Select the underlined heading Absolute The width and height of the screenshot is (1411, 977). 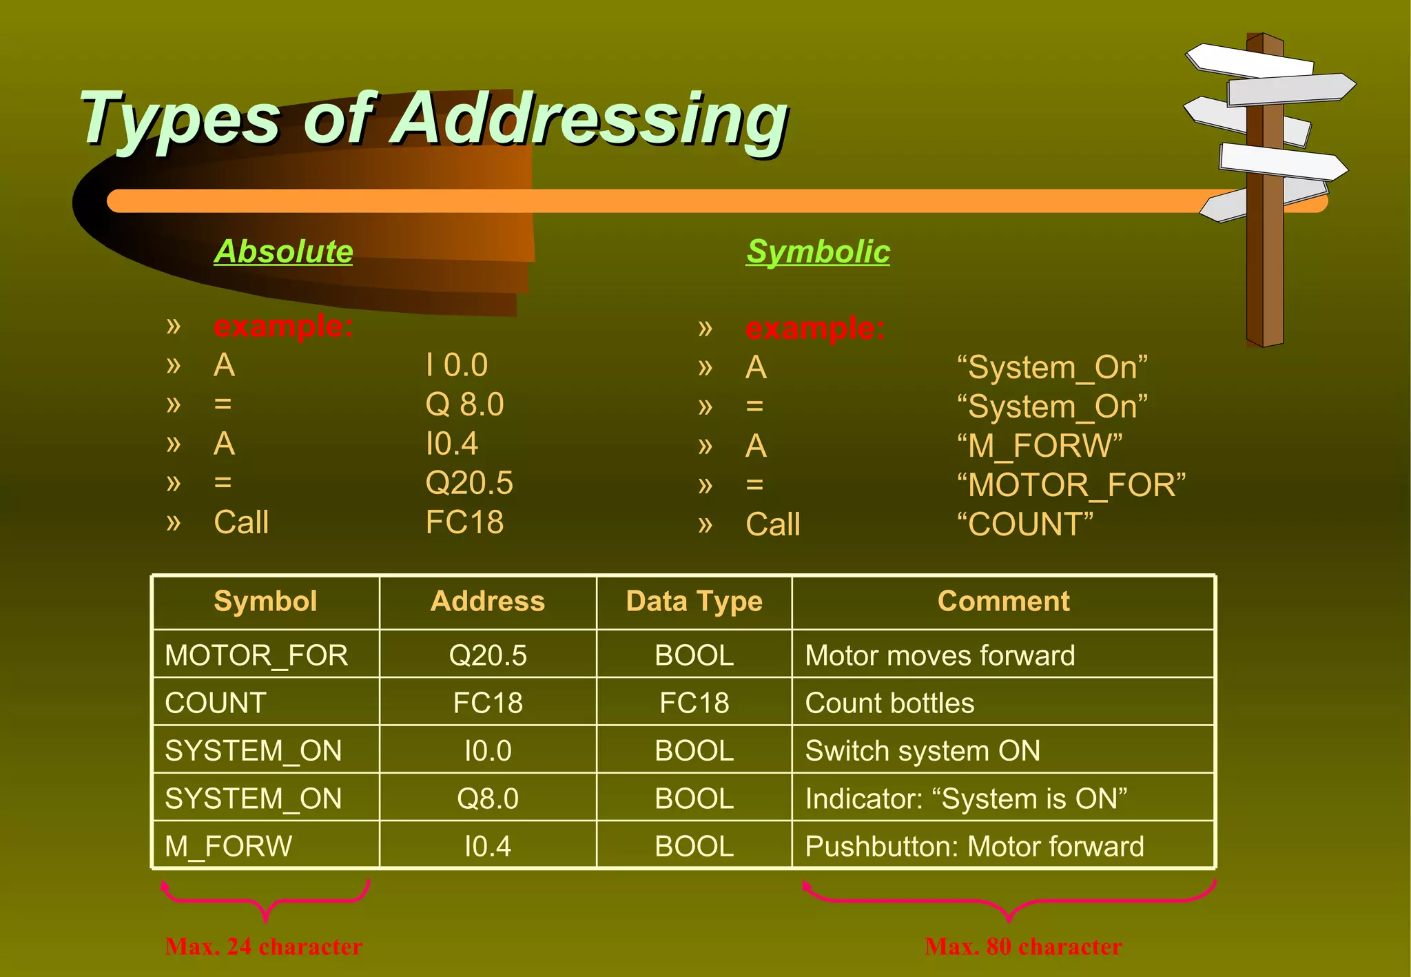(283, 251)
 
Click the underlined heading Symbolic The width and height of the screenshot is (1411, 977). (818, 251)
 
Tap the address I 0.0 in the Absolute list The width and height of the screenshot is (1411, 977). (457, 365)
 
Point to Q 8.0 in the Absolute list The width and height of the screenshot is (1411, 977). (464, 404)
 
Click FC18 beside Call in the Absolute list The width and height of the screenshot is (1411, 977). (464, 522)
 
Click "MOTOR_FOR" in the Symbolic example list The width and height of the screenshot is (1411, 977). (1071, 486)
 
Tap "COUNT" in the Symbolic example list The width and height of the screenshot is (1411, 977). (1025, 525)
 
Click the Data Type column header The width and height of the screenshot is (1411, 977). (694, 601)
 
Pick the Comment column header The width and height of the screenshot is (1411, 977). (1003, 601)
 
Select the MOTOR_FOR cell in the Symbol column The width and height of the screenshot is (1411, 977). (256, 655)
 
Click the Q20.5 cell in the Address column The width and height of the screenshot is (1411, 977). (488, 655)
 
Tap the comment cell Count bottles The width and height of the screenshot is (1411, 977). (889, 703)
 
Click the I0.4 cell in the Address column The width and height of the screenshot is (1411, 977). (488, 847)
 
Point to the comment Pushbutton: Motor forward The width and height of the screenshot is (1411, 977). (974, 847)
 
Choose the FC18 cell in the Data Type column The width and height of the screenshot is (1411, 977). (694, 703)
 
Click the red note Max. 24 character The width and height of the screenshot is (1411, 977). (264, 947)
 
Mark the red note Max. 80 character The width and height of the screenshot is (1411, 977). (1023, 947)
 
